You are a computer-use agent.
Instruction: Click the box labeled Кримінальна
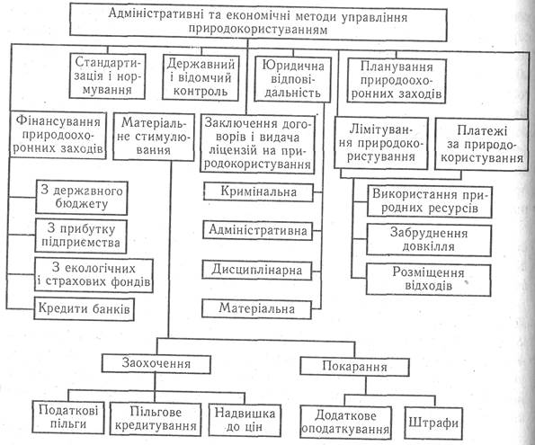coord(258,192)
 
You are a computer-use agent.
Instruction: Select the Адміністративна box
coord(257,231)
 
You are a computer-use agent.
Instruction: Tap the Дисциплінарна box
coord(256,271)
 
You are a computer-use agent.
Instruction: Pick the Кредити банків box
coord(84,309)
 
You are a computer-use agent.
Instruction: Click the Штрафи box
coord(433,423)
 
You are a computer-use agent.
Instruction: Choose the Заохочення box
coord(156,364)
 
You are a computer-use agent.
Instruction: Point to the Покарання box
coord(354,367)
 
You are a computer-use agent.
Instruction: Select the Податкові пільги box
coord(68,417)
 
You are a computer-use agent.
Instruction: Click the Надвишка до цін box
coord(245,420)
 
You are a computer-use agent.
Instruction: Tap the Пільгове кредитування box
coord(156,419)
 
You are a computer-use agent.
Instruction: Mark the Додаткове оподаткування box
coord(345,423)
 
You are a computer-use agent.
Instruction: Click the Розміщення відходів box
coord(429,280)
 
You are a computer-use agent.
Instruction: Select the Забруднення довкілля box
coord(429,240)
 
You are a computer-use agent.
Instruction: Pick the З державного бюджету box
coord(82,198)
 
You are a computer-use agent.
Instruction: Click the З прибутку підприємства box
coord(81,236)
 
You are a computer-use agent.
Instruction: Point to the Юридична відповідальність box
coord(292,79)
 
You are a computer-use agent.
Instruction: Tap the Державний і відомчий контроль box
coord(201,77)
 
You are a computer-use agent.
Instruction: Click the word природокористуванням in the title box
coord(258,30)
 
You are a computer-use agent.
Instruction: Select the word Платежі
coord(482,130)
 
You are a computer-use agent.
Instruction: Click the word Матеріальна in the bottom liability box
coord(256,308)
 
